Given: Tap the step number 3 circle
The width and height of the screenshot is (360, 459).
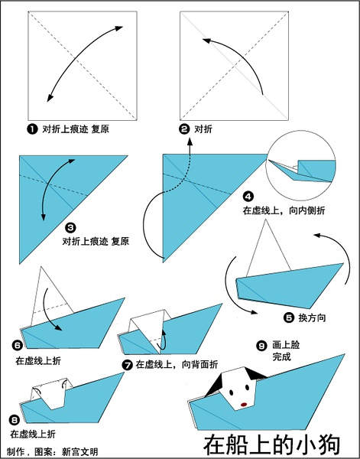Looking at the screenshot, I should coord(70,227).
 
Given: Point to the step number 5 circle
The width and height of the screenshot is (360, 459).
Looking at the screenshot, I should coord(289,317).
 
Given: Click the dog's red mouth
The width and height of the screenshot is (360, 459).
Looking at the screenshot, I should coord(244,404).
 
